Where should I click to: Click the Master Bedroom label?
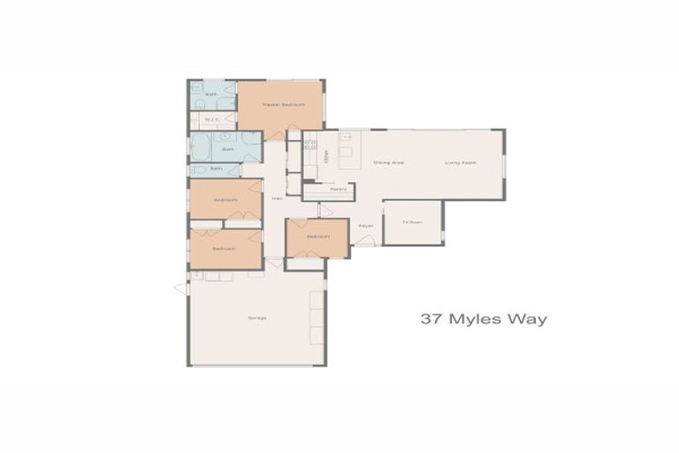pos(283,104)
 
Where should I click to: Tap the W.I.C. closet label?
pos(212,119)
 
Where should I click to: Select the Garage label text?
pos(257,318)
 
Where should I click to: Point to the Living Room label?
pos(461,163)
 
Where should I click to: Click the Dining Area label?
pos(389,163)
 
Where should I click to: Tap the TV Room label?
pos(408,222)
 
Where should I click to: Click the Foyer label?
pos(366,226)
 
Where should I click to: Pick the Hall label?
pos(277,197)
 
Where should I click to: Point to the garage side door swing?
pos(181,288)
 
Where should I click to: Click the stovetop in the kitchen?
pos(309,147)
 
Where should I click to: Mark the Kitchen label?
pos(326,157)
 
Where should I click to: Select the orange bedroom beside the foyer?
pos(317,237)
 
